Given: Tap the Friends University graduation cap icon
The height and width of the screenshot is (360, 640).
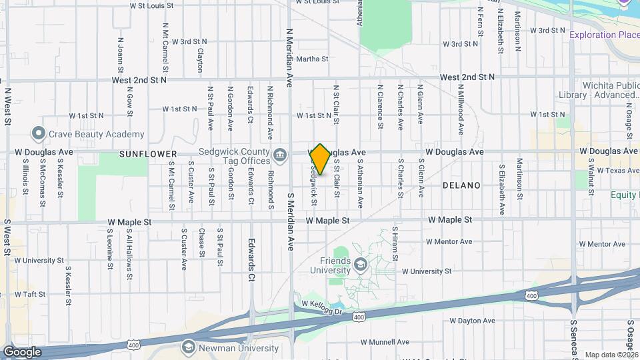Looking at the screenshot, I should pyautogui.click(x=361, y=265).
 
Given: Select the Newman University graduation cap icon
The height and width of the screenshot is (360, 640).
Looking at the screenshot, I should pyautogui.click(x=188, y=347).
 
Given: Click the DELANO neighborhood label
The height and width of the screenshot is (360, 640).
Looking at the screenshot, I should pyautogui.click(x=461, y=185).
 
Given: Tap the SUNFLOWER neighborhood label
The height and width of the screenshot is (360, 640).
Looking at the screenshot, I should pyautogui.click(x=148, y=154).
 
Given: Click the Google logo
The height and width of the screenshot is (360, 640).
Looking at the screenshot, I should pyautogui.click(x=22, y=351).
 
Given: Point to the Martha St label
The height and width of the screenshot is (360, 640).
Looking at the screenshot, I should pyautogui.click(x=312, y=59).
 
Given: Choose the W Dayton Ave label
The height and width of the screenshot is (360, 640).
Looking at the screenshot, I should pyautogui.click(x=472, y=321).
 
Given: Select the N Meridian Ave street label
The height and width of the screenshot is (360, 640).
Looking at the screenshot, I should pyautogui.click(x=290, y=58).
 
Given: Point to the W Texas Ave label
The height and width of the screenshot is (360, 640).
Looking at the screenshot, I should pyautogui.click(x=616, y=171).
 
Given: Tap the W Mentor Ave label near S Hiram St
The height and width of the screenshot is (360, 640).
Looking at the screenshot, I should pyautogui.click(x=449, y=241).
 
